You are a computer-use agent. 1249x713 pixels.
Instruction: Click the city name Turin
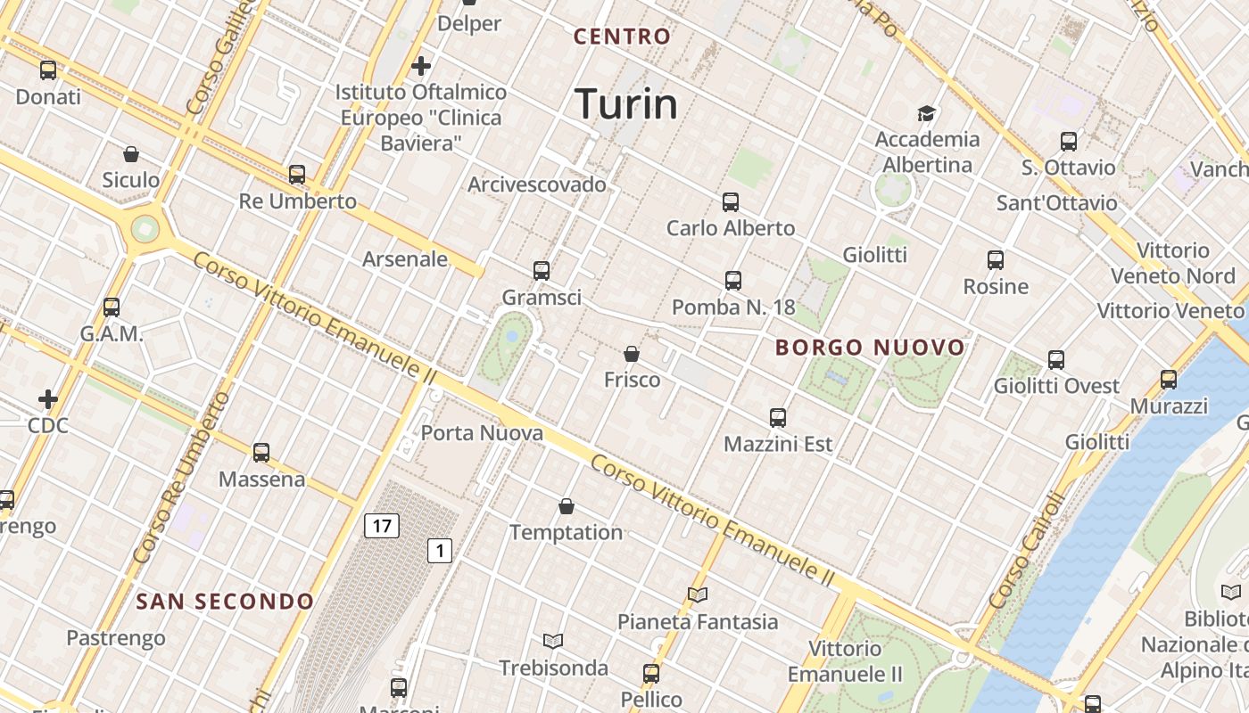click(x=626, y=103)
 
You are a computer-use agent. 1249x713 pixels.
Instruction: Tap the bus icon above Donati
click(x=48, y=70)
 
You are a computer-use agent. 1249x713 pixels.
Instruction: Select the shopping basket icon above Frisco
click(x=632, y=354)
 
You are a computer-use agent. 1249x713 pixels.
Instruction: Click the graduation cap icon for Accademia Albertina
click(x=927, y=113)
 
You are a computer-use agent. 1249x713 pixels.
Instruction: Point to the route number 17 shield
click(x=381, y=526)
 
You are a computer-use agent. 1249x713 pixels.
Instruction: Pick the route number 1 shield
click(x=439, y=551)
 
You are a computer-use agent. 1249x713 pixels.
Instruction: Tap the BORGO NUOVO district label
click(x=870, y=348)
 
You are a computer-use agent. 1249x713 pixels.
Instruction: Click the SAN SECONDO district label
click(x=225, y=602)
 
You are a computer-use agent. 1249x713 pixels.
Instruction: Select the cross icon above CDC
click(x=48, y=398)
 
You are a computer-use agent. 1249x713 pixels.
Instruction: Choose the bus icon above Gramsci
click(x=541, y=271)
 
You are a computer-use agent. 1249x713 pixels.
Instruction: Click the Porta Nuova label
click(x=482, y=434)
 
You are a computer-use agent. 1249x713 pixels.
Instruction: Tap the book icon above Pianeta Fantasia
click(x=698, y=594)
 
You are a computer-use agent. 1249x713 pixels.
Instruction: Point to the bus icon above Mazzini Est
click(x=778, y=417)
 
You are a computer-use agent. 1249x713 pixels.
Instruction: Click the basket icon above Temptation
click(x=566, y=506)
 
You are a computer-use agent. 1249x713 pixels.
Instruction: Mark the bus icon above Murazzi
click(x=1169, y=380)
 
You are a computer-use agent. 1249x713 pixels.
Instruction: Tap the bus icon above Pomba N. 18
click(x=733, y=281)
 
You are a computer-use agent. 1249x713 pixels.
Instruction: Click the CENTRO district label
click(x=622, y=37)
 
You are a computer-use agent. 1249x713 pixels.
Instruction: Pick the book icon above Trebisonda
click(x=553, y=641)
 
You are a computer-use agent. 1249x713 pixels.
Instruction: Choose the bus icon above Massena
click(x=261, y=453)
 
